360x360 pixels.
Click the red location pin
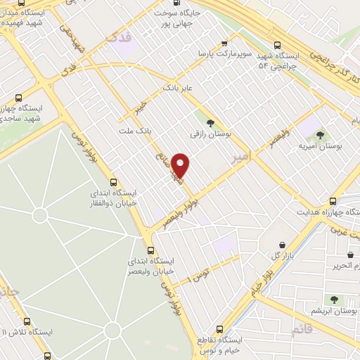pyautogui.click(x=181, y=166)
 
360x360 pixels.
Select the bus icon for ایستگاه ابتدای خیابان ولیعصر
pyautogui.click(x=150, y=250)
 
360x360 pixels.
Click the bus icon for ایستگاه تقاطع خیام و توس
pyautogui.click(x=220, y=328)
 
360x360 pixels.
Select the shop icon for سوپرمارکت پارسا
pyautogui.click(x=224, y=42)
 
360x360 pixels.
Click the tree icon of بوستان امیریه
pyautogui.click(x=320, y=135)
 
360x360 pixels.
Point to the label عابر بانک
pyautogui.click(x=177, y=90)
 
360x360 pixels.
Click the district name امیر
pyautogui.click(x=240, y=160)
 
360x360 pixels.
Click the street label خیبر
pyautogui.click(x=143, y=106)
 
